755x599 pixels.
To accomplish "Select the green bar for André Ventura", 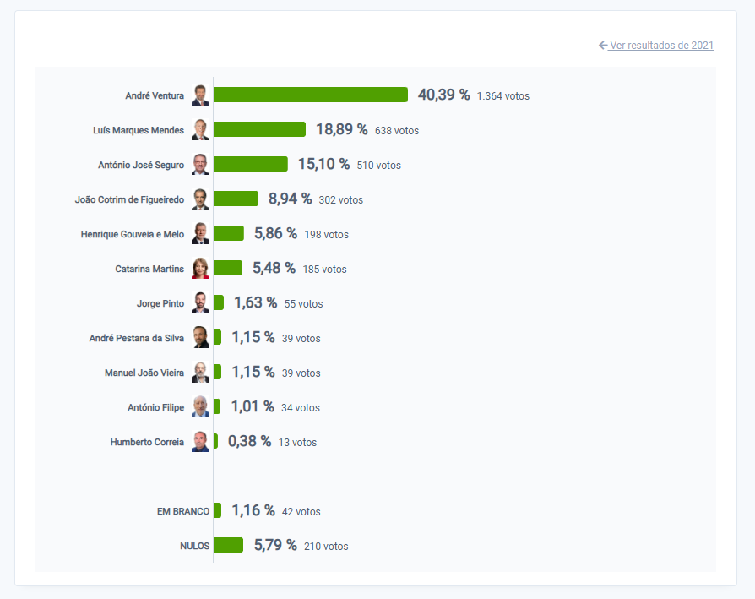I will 310,95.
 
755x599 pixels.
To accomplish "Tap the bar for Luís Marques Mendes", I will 259,129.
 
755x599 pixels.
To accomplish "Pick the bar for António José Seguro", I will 250,164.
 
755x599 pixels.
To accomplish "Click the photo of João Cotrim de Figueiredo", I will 200,199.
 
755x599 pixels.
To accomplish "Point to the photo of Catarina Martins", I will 200,268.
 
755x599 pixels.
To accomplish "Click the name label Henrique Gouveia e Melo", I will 132,234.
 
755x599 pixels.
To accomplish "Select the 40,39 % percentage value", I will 443,95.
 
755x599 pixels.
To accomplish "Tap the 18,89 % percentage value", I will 341,129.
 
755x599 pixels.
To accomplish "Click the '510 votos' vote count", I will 378,166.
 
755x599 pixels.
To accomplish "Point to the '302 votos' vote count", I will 340,200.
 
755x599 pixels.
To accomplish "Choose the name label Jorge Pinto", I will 160,303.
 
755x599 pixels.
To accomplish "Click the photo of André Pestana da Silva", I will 200,337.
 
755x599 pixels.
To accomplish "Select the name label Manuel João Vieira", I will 144,373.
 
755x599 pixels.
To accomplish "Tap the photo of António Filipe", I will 200,406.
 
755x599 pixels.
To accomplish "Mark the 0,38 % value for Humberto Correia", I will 249,441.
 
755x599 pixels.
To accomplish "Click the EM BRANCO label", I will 182,511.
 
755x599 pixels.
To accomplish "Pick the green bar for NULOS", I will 228,545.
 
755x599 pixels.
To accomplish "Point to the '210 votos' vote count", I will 326,547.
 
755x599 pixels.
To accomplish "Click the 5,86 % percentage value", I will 275,233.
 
